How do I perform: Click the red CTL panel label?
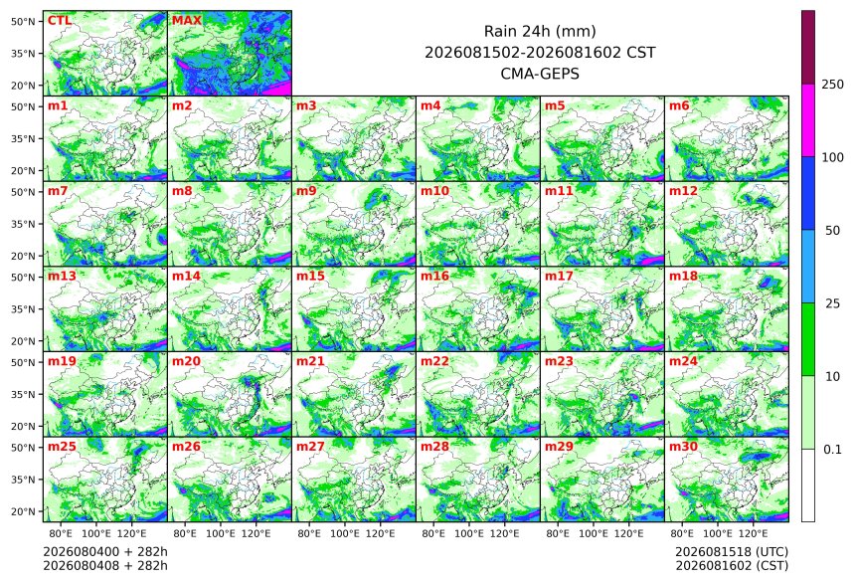[60, 21]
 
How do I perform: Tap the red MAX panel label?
[187, 21]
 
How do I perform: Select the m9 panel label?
[306, 191]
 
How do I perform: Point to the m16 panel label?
[434, 277]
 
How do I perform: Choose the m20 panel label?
[186, 361]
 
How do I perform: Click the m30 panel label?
[683, 447]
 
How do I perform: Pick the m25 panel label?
[62, 447]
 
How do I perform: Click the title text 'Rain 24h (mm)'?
[540, 31]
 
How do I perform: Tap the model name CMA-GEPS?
[540, 74]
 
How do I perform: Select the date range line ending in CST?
[540, 53]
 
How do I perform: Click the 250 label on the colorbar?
[833, 85]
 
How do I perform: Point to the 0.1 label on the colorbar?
[832, 450]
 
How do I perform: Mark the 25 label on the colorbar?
[832, 303]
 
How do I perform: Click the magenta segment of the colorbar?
[808, 120]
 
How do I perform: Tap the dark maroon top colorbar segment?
[808, 48]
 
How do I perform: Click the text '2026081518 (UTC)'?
[732, 552]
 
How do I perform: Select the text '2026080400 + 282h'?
[105, 552]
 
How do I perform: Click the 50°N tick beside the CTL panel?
[23, 21]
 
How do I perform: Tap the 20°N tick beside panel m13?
[23, 341]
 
